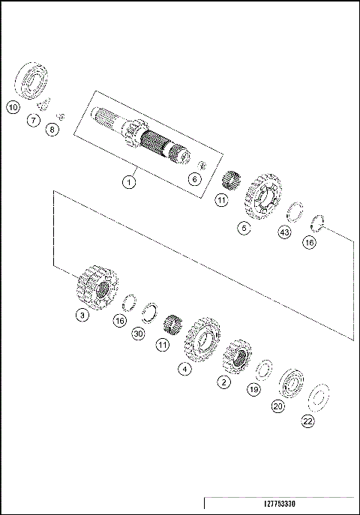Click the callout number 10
[13, 107]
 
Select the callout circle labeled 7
[33, 120]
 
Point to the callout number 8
[51, 130]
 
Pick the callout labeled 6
[194, 178]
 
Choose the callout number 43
[283, 233]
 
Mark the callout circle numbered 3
[82, 316]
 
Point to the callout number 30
[137, 334]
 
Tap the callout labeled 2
[223, 382]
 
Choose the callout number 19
[253, 390]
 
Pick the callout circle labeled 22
[308, 421]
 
